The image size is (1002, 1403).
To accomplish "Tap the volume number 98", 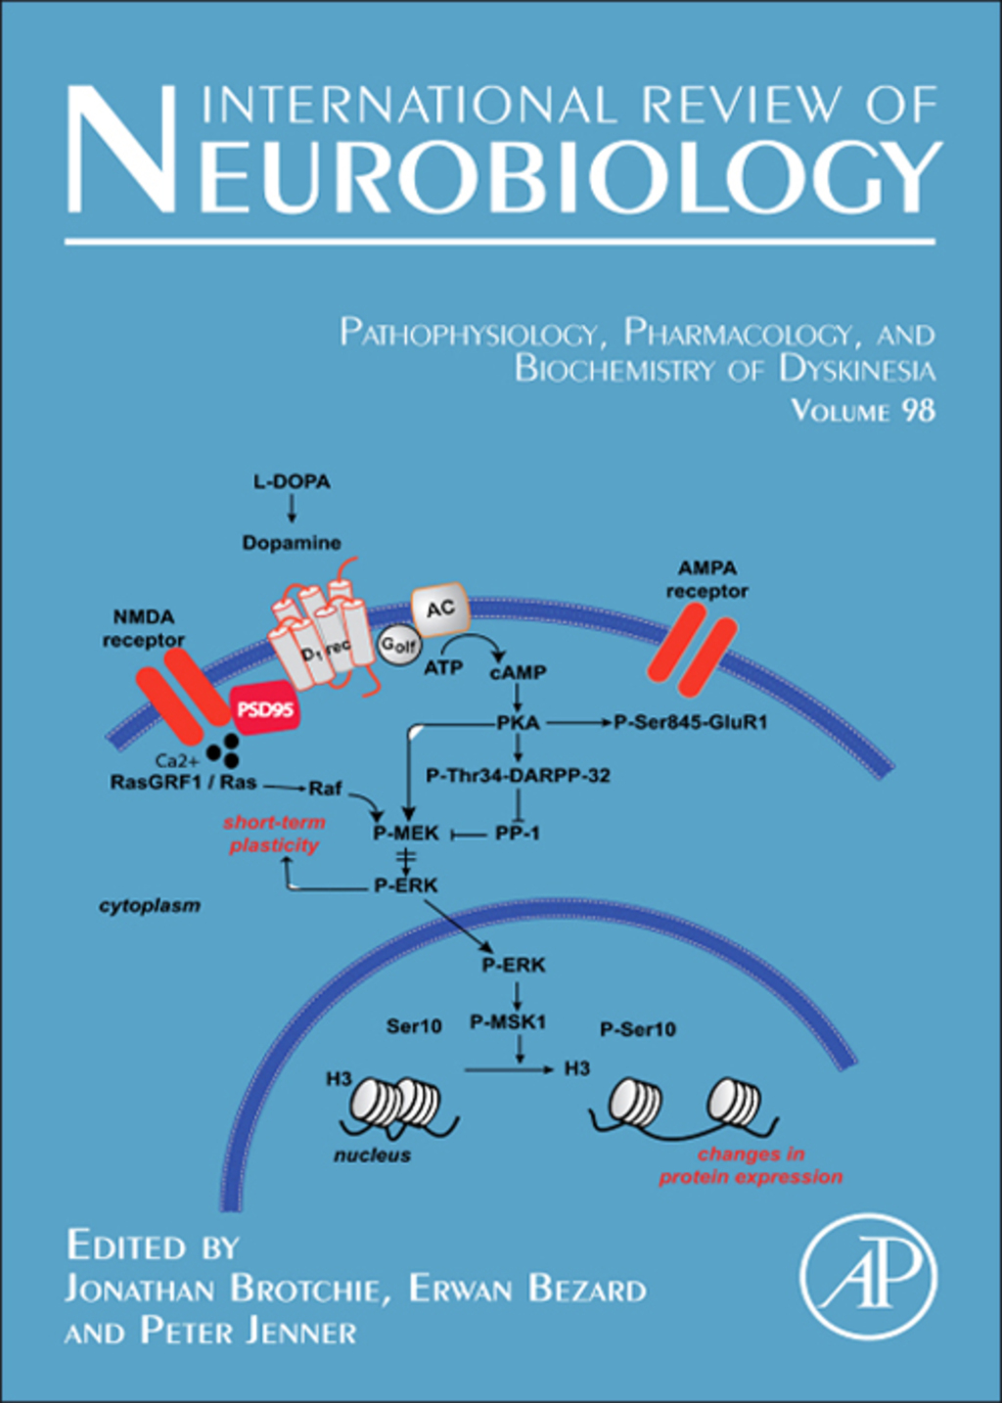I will click(x=918, y=410).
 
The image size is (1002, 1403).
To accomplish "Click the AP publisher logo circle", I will click(x=869, y=1277).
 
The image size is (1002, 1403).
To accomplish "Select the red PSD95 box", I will click(x=265, y=708).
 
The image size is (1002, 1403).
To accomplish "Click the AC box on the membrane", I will click(x=440, y=610).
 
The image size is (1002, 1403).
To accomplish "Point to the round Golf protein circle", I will click(x=398, y=644).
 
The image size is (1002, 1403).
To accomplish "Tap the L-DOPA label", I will click(x=292, y=481).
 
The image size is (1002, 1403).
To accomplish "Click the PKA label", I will click(x=518, y=723).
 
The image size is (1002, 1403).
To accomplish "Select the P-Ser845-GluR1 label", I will click(x=691, y=723).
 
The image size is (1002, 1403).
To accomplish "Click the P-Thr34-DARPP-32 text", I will click(x=518, y=776).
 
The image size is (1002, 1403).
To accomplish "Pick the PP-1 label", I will click(x=518, y=834).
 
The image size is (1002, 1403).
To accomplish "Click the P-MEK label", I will click(x=406, y=834).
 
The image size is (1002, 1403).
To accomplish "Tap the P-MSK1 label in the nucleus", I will click(x=508, y=1022).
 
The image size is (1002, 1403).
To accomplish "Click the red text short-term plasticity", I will click(x=274, y=834).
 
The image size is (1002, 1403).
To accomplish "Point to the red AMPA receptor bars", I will click(x=691, y=649).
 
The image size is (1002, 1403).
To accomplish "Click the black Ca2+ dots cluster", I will click(x=224, y=750).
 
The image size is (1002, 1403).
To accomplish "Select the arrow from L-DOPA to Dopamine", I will click(x=292, y=509).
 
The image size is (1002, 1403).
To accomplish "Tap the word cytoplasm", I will click(x=150, y=906).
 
